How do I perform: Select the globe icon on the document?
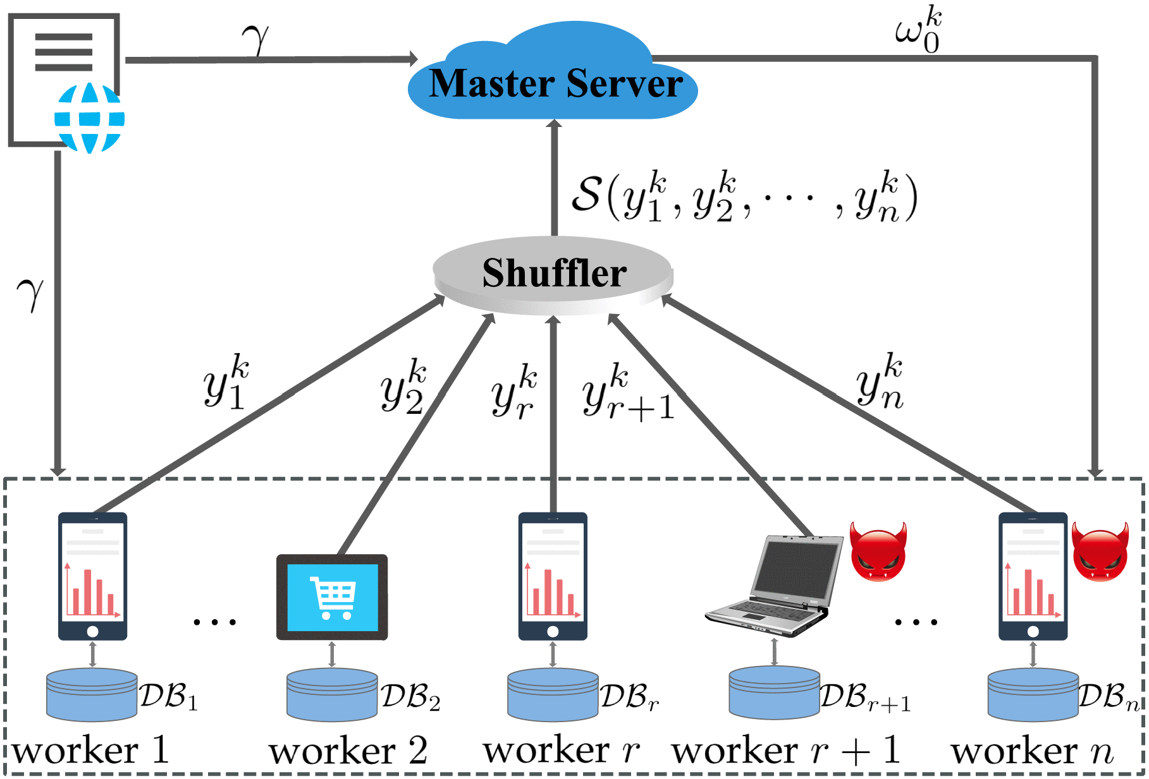pyautogui.click(x=89, y=118)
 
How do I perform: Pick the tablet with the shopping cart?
pyautogui.click(x=332, y=597)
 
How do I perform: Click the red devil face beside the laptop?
pyautogui.click(x=878, y=551)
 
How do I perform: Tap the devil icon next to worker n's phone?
pyautogui.click(x=1100, y=551)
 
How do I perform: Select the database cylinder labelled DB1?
pyautogui.click(x=92, y=695)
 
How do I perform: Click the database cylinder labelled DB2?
pyautogui.click(x=332, y=695)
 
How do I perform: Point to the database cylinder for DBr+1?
pyautogui.click(x=774, y=693)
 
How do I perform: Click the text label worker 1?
pyautogui.click(x=90, y=751)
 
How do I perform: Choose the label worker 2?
pyautogui.click(x=348, y=751)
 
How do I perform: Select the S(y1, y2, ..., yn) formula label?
pyautogui.click(x=744, y=197)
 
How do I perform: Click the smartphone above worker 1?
pyautogui.click(x=93, y=576)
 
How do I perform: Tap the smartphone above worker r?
pyautogui.click(x=553, y=576)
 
